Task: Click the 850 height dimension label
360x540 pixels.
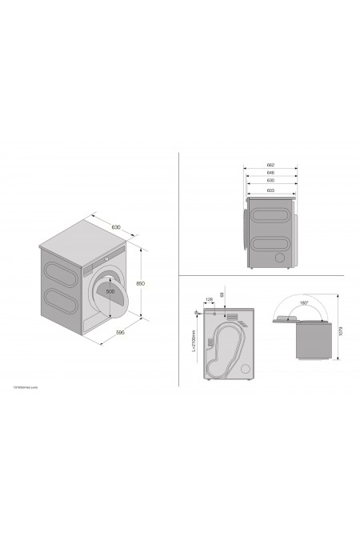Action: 140,283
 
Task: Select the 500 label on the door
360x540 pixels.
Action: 110,291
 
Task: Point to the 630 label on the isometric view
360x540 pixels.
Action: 116,228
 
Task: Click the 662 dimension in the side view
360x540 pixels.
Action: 270,165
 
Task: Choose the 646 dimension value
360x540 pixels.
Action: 270,173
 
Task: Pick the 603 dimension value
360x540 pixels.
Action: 270,190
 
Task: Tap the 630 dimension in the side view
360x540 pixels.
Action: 270,182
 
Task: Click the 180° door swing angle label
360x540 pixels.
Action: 304,303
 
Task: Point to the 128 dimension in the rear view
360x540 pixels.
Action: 209,299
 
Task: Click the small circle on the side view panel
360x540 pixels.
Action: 277,258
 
